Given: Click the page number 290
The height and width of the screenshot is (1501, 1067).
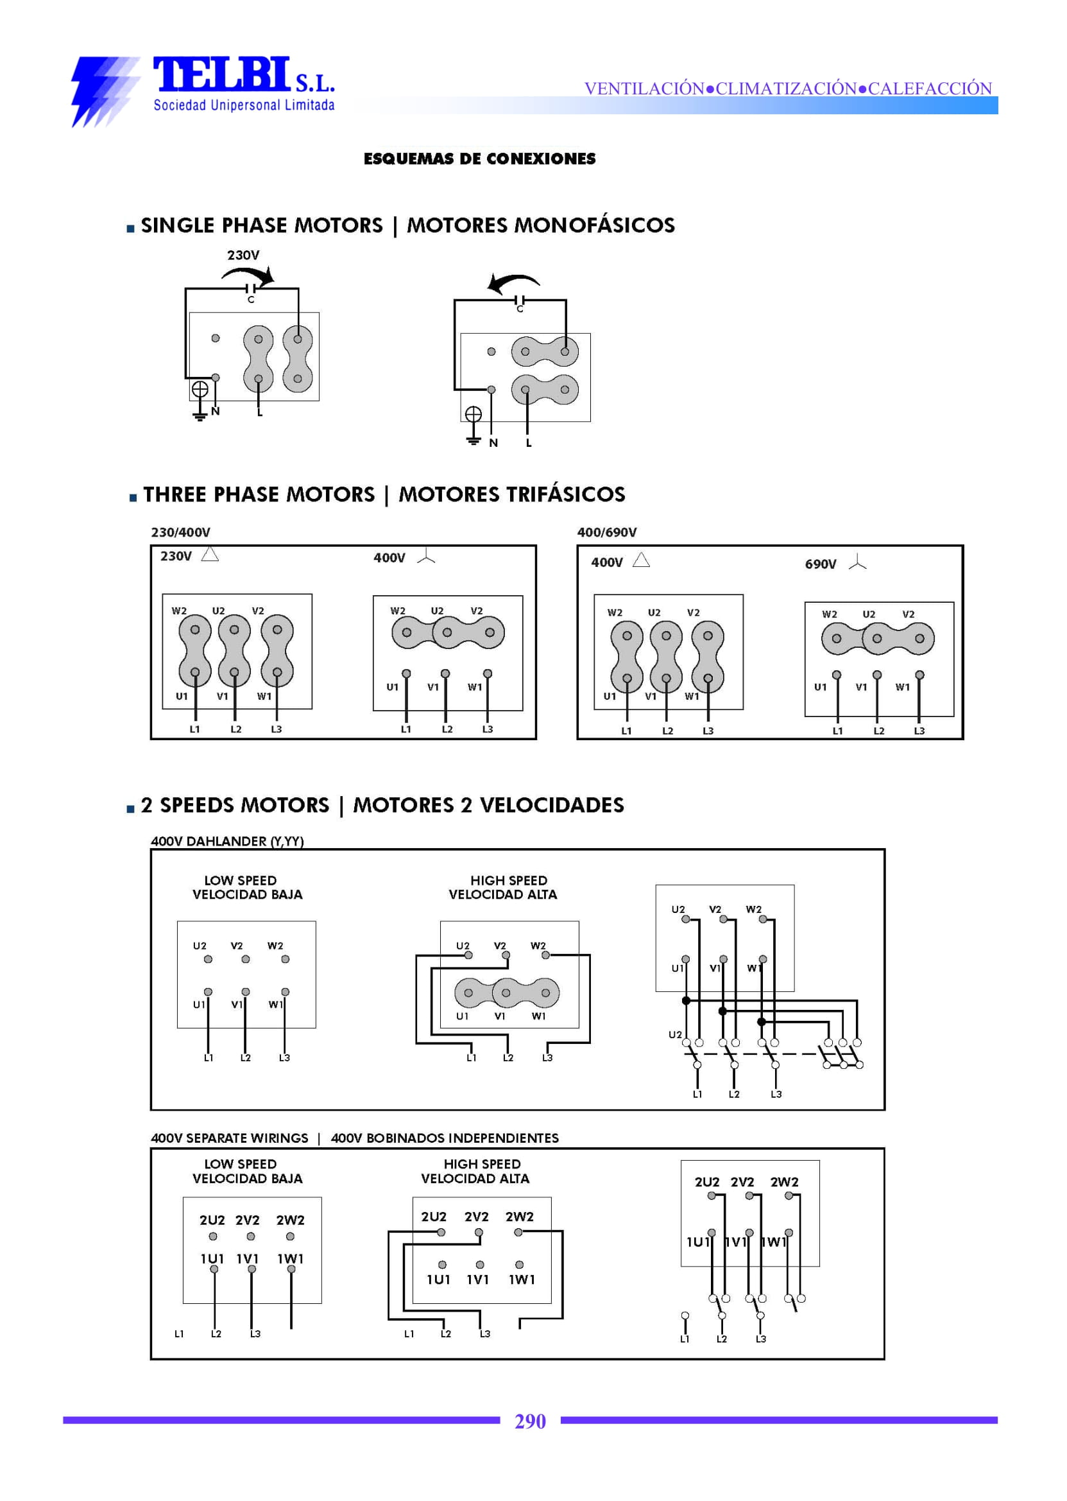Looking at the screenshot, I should tap(529, 1421).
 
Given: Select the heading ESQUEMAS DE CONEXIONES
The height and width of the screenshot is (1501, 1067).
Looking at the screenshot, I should tap(479, 159).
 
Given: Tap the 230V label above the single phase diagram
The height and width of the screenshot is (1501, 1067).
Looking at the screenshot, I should tap(243, 255).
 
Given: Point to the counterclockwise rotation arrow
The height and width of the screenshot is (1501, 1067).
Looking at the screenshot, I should tap(512, 282).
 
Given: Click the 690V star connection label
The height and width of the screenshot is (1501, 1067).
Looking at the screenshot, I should tap(820, 564).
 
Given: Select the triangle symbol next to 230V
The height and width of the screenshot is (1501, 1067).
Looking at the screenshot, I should tap(210, 554).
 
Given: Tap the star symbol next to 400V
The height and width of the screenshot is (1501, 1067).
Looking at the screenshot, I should tap(426, 557).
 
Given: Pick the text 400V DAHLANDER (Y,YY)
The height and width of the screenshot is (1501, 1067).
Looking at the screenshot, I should tap(227, 841).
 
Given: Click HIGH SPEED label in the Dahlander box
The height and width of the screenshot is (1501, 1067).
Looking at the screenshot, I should tap(508, 880).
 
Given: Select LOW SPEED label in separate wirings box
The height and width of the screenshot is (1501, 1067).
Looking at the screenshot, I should tap(240, 1164).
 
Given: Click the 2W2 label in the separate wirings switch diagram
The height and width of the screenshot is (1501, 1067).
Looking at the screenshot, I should tap(784, 1182).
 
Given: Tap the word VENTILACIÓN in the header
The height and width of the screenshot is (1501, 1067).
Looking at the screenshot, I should tap(644, 88).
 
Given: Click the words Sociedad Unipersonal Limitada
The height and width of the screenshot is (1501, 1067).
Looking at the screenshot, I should tap(244, 105).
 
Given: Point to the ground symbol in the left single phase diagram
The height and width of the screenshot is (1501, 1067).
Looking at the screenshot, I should tap(200, 398).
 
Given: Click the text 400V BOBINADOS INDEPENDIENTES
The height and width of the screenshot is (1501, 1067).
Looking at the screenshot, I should tap(444, 1138).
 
